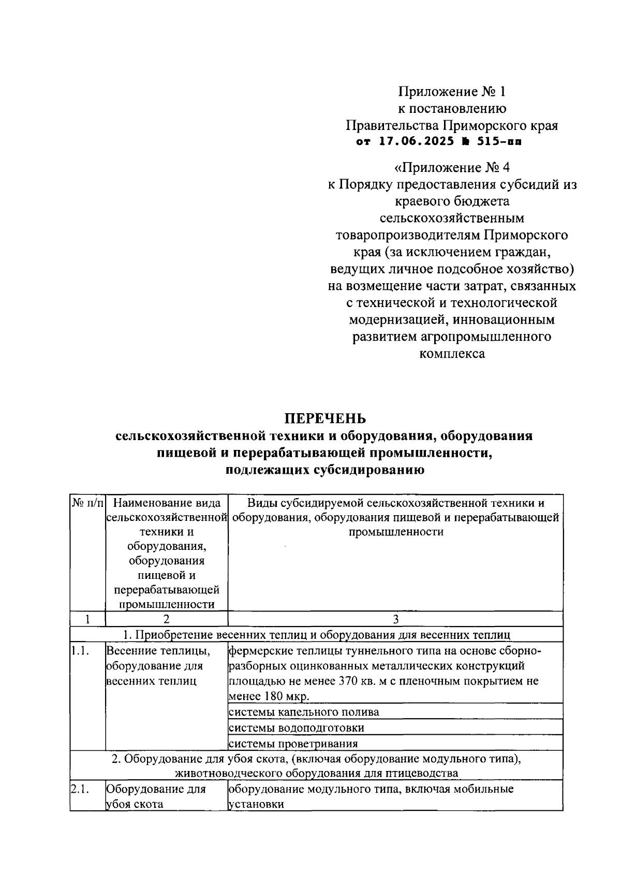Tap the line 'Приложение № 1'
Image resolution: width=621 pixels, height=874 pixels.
tap(451, 92)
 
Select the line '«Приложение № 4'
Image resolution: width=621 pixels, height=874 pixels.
tap(451, 168)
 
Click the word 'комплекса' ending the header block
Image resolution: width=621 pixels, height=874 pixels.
tap(451, 354)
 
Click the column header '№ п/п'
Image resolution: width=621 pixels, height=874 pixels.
tap(87, 503)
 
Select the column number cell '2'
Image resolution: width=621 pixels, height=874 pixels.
tap(166, 619)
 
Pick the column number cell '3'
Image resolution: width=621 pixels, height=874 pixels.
tap(395, 619)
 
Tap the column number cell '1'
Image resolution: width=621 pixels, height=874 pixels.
tap(87, 619)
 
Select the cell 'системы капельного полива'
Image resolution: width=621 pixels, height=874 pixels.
tap(303, 712)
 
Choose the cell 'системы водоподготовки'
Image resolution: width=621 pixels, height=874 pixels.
tap(296, 728)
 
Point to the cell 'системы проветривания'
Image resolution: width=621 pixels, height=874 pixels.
tap(293, 744)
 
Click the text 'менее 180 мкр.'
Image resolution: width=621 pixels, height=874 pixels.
tap(269, 696)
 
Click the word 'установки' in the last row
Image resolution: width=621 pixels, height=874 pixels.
tap(256, 805)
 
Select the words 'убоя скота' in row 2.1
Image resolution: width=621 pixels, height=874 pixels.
tap(135, 805)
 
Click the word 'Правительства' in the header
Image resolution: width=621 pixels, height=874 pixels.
tap(392, 125)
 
